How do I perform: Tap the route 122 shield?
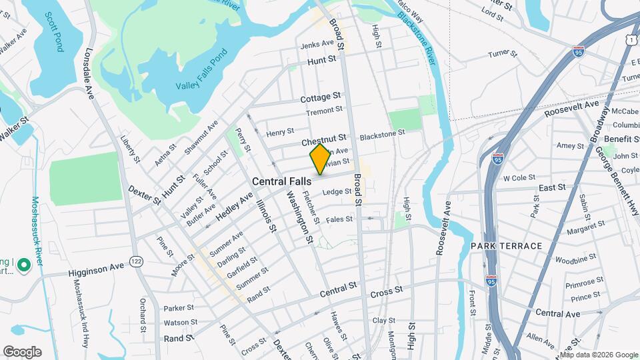pyautogui.click(x=136, y=260)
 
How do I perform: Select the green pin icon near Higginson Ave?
pyautogui.click(x=24, y=267)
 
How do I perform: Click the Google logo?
pyautogui.click(x=22, y=352)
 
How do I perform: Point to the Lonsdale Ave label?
pyautogui.click(x=89, y=74)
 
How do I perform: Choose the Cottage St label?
pyautogui.click(x=321, y=98)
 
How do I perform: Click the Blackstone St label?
pyautogui.click(x=382, y=134)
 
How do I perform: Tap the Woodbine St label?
pyautogui.click(x=575, y=259)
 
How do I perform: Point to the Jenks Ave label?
pyautogui.click(x=317, y=44)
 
